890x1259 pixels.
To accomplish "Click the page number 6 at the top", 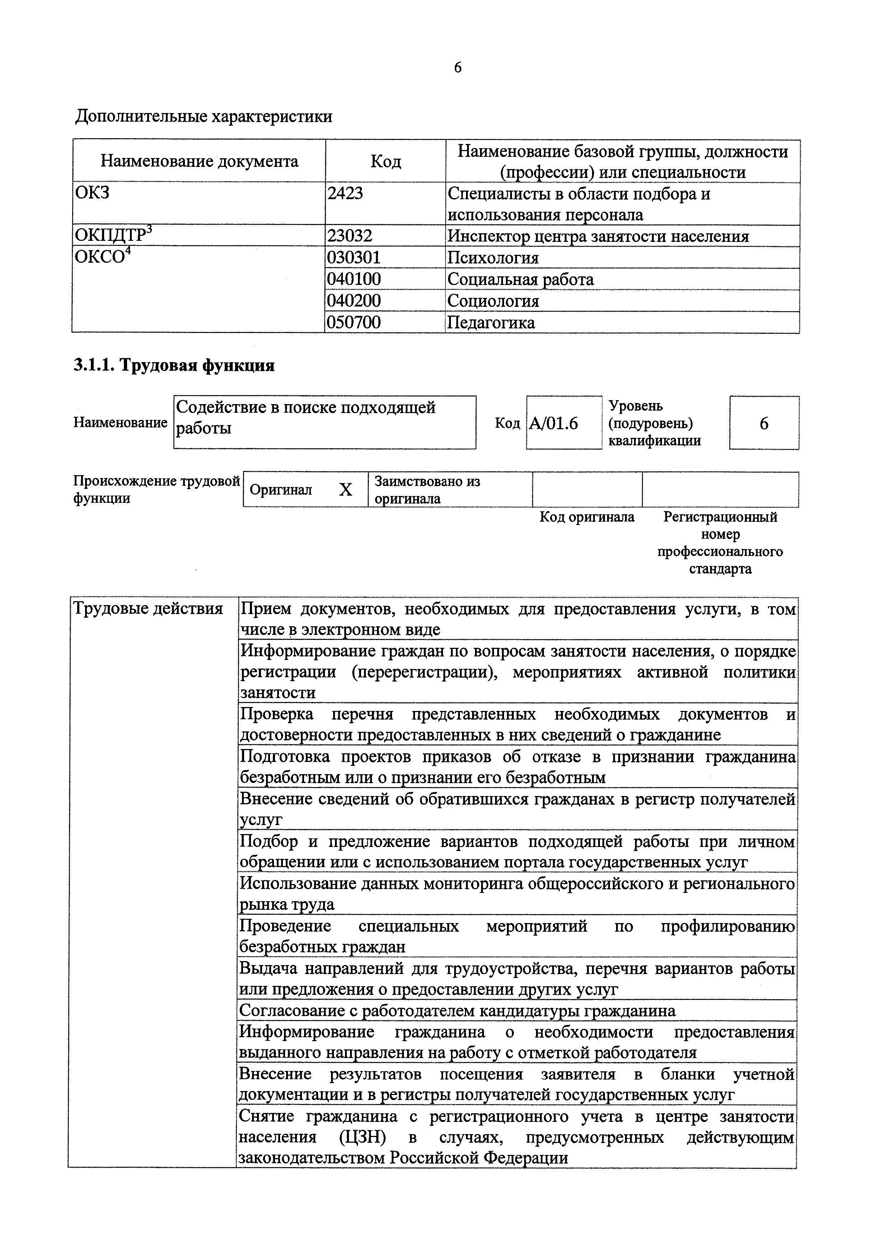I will (457, 67).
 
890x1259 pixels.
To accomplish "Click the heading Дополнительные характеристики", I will (204, 117).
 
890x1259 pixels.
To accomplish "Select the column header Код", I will (386, 161).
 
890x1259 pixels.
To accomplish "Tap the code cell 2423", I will (345, 193).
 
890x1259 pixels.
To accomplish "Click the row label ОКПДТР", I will (113, 236).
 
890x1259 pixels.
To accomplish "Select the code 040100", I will (354, 279).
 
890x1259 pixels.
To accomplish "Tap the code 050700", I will (354, 322).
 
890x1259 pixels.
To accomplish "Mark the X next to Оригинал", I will (345, 490).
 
